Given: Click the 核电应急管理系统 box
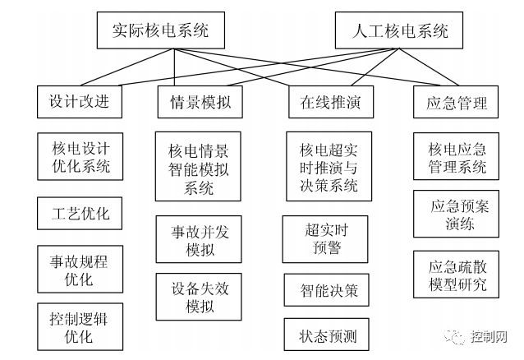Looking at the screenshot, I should (x=457, y=159).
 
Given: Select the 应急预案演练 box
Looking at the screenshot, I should (x=457, y=215).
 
